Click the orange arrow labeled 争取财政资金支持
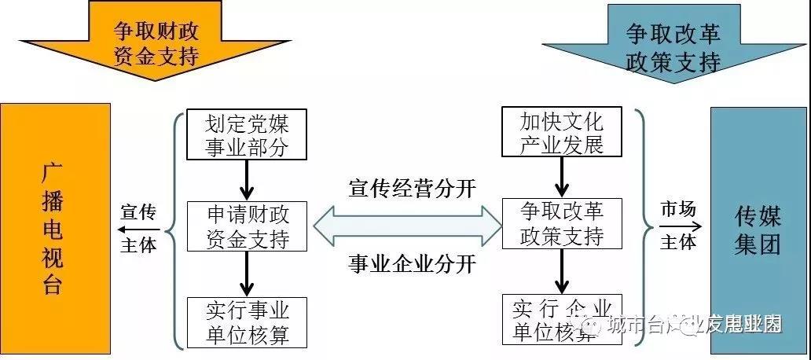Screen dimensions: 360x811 156,42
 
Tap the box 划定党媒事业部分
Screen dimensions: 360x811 246,134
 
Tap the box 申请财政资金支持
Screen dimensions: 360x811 246,226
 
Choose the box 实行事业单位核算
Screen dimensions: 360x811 246,321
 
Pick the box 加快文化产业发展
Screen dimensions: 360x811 561,133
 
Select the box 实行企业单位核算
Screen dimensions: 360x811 561,319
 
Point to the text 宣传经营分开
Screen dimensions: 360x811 412,189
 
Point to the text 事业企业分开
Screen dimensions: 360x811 412,264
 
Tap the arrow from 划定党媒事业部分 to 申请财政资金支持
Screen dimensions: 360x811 247,180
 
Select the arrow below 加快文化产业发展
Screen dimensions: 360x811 561,178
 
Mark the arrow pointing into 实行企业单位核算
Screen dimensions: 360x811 561,272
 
